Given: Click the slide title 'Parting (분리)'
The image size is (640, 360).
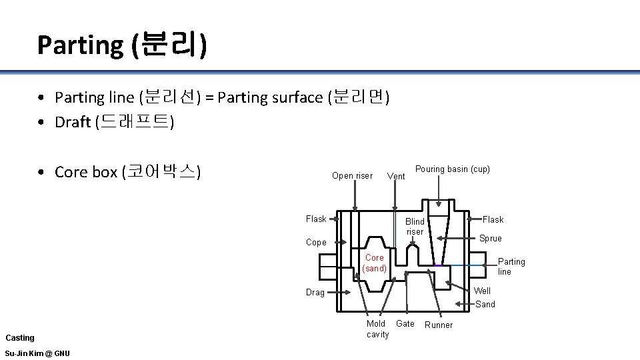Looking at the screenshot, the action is pyautogui.click(x=122, y=45).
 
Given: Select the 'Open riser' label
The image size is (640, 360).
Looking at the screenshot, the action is pyautogui.click(x=352, y=176).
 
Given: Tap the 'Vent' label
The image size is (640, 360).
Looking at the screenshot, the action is pyautogui.click(x=396, y=177).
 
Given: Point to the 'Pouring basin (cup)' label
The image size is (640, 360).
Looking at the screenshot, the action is pyautogui.click(x=452, y=169).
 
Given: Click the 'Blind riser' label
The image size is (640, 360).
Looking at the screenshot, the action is pyautogui.click(x=415, y=226).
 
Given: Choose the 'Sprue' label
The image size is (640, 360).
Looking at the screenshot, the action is pyautogui.click(x=491, y=239).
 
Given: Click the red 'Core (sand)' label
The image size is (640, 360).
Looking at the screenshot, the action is pyautogui.click(x=374, y=263).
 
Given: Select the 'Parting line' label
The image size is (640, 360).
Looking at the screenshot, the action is pyautogui.click(x=511, y=267).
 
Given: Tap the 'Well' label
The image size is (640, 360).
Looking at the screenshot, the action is pyautogui.click(x=482, y=291).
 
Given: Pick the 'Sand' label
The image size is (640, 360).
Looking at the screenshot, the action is pyautogui.click(x=485, y=304).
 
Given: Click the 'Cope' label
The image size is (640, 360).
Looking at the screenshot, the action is pyautogui.click(x=316, y=243).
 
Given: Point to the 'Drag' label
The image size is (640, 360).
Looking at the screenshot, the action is pyautogui.click(x=315, y=292).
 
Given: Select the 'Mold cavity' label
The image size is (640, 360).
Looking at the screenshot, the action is pyautogui.click(x=377, y=329).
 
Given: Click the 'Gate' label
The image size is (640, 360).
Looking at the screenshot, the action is pyautogui.click(x=405, y=324).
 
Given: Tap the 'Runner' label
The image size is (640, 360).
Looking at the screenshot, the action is pyautogui.click(x=439, y=325).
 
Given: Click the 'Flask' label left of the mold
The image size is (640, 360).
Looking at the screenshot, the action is pyautogui.click(x=316, y=219).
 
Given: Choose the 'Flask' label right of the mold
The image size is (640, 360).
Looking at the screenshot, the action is pyautogui.click(x=493, y=220).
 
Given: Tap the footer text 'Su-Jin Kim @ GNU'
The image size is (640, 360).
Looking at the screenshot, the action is pyautogui.click(x=37, y=353).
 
